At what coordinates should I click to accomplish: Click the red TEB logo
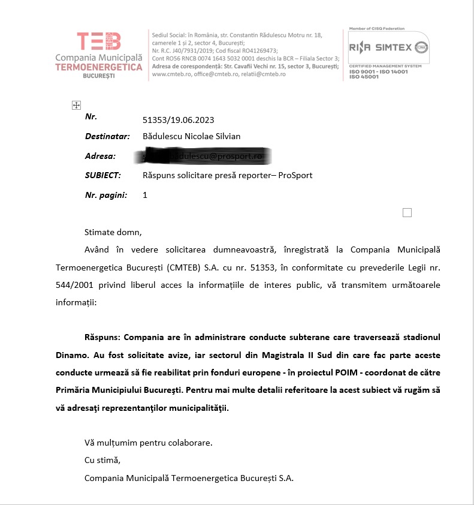coord(99,41)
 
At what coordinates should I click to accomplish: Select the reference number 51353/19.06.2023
coord(178,120)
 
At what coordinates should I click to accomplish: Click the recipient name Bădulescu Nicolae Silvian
coord(192,136)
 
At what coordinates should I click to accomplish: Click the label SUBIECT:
coord(103,175)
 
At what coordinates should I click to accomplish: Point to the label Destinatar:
coord(107,136)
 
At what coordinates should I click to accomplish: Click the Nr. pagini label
coord(105,195)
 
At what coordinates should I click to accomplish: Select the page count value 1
coord(145,195)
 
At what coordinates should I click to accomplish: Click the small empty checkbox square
coord(407,212)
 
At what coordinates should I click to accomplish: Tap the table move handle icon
coord(76,106)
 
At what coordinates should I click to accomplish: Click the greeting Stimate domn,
coord(114,232)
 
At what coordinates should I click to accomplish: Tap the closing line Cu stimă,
coord(102,461)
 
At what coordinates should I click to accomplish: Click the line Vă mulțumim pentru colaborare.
coord(148,443)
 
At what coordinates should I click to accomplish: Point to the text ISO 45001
coord(364,76)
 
